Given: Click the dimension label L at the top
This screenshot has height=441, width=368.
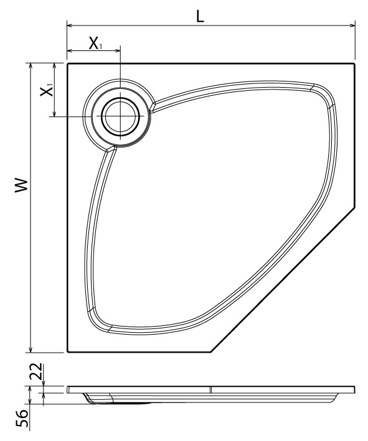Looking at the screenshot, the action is click(x=200, y=17).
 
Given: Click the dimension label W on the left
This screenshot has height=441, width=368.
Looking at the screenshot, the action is click(x=22, y=185).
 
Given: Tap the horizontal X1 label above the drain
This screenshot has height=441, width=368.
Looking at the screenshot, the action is click(x=95, y=44).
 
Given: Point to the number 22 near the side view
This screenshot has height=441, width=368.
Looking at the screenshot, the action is click(x=37, y=371).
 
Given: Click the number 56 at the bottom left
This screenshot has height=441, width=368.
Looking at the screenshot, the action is click(x=22, y=419).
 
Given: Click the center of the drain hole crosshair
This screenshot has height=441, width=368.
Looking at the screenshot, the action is click(x=121, y=116).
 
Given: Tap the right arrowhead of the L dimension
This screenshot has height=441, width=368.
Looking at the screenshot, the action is click(x=352, y=26).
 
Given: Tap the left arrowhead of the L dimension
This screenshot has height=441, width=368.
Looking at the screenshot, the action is click(x=70, y=26).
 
